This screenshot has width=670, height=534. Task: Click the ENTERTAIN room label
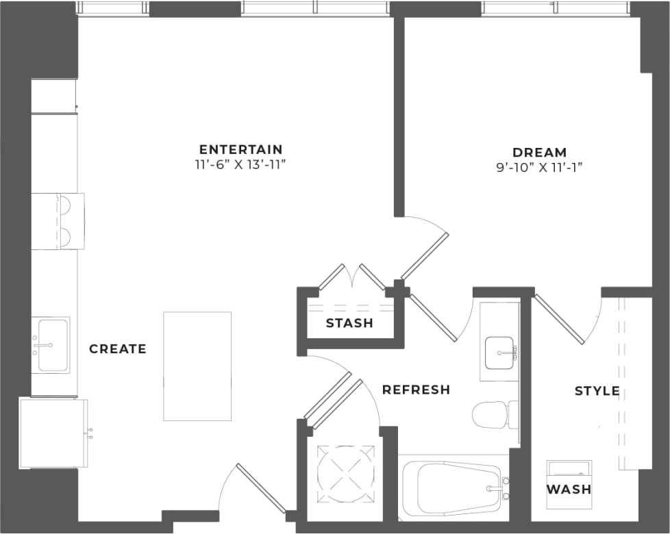tap(240, 149)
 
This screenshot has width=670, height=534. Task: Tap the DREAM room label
tap(539, 152)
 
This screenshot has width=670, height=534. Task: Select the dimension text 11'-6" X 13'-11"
tap(240, 166)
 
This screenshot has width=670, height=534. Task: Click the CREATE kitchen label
tap(118, 349)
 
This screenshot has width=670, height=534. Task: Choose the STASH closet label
tap(349, 323)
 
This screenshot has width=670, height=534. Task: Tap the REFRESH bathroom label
tap(416, 390)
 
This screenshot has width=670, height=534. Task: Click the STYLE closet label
tap(597, 391)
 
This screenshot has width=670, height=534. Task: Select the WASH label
tap(569, 489)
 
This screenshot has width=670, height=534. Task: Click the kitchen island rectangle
tap(197, 366)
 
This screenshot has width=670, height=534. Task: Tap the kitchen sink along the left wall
tap(52, 345)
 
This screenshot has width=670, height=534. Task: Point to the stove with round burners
tap(58, 220)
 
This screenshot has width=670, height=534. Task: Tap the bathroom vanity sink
tap(500, 353)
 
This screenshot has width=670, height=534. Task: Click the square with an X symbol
tap(347, 474)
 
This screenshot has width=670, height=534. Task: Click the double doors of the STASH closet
tap(353, 277)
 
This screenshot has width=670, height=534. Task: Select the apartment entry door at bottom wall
tap(260, 487)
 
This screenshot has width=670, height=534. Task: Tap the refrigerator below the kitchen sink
tap(53, 433)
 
